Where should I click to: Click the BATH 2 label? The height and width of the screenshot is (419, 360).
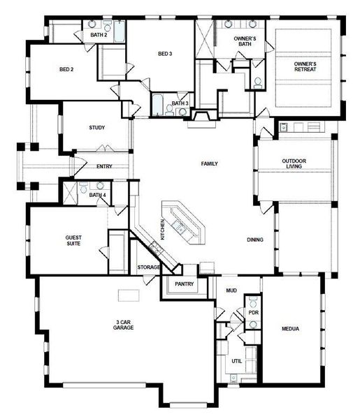click(98, 34)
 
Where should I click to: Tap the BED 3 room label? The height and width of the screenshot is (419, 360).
click(164, 54)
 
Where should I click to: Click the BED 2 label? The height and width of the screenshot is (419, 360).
click(66, 70)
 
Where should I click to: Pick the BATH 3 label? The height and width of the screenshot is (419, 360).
click(180, 103)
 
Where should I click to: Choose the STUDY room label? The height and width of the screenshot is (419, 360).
click(96, 128)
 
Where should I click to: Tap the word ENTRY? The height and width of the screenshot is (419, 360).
click(104, 166)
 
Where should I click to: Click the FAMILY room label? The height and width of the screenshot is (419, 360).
click(210, 163)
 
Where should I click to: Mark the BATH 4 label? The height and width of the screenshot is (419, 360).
click(97, 195)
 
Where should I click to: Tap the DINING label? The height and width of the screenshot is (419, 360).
click(255, 240)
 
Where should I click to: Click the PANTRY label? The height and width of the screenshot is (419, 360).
click(185, 284)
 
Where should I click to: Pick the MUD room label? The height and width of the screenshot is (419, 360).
click(231, 289)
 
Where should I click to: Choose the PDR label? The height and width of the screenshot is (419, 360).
click(253, 312)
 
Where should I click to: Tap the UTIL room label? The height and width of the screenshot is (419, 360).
click(237, 361)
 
